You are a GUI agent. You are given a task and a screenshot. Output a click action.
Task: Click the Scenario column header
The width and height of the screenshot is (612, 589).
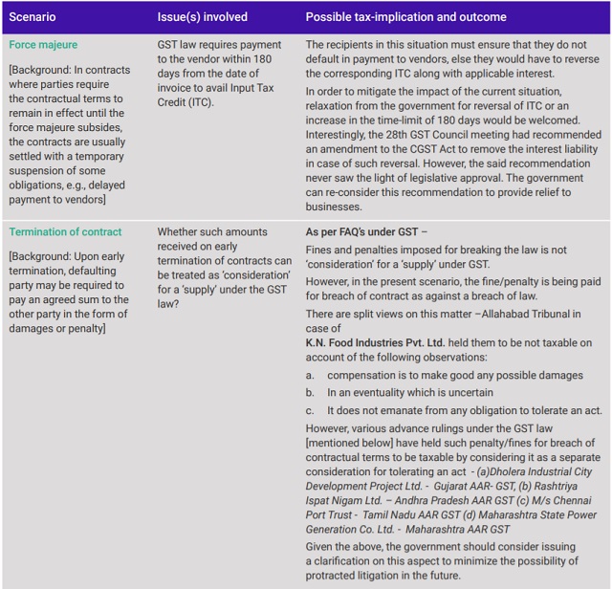pyautogui.click(x=33, y=17)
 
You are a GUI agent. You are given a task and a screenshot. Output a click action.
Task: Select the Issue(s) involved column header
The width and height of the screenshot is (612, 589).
pyautogui.click(x=202, y=17)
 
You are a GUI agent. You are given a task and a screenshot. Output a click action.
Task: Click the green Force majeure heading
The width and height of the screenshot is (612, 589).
pyautogui.click(x=43, y=45)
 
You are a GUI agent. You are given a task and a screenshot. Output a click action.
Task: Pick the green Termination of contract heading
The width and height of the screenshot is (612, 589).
pyautogui.click(x=65, y=231)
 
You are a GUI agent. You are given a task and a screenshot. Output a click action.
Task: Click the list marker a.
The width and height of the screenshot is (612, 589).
pyautogui.click(x=310, y=376)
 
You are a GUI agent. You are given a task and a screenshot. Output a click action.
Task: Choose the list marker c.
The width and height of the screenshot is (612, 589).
pyautogui.click(x=310, y=410)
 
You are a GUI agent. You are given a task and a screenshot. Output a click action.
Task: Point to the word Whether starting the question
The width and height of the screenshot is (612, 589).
pyautogui.click(x=180, y=231)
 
